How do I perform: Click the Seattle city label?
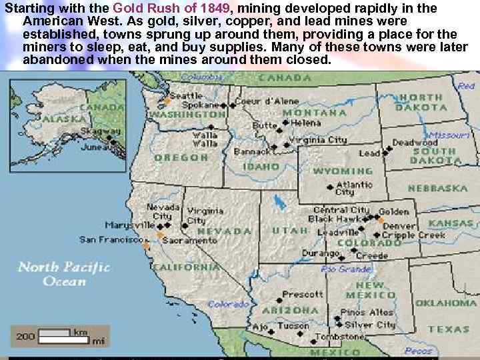click(x=186, y=96)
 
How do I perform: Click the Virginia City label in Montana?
click(x=318, y=140)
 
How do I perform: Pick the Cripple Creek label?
click(x=423, y=235)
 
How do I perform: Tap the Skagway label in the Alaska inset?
click(x=96, y=131)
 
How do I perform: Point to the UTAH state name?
click(x=290, y=230)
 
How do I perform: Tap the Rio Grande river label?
click(x=346, y=269)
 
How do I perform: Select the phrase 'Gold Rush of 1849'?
click(x=174, y=9)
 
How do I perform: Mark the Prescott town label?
click(x=303, y=295)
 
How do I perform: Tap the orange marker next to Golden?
click(x=381, y=218)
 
